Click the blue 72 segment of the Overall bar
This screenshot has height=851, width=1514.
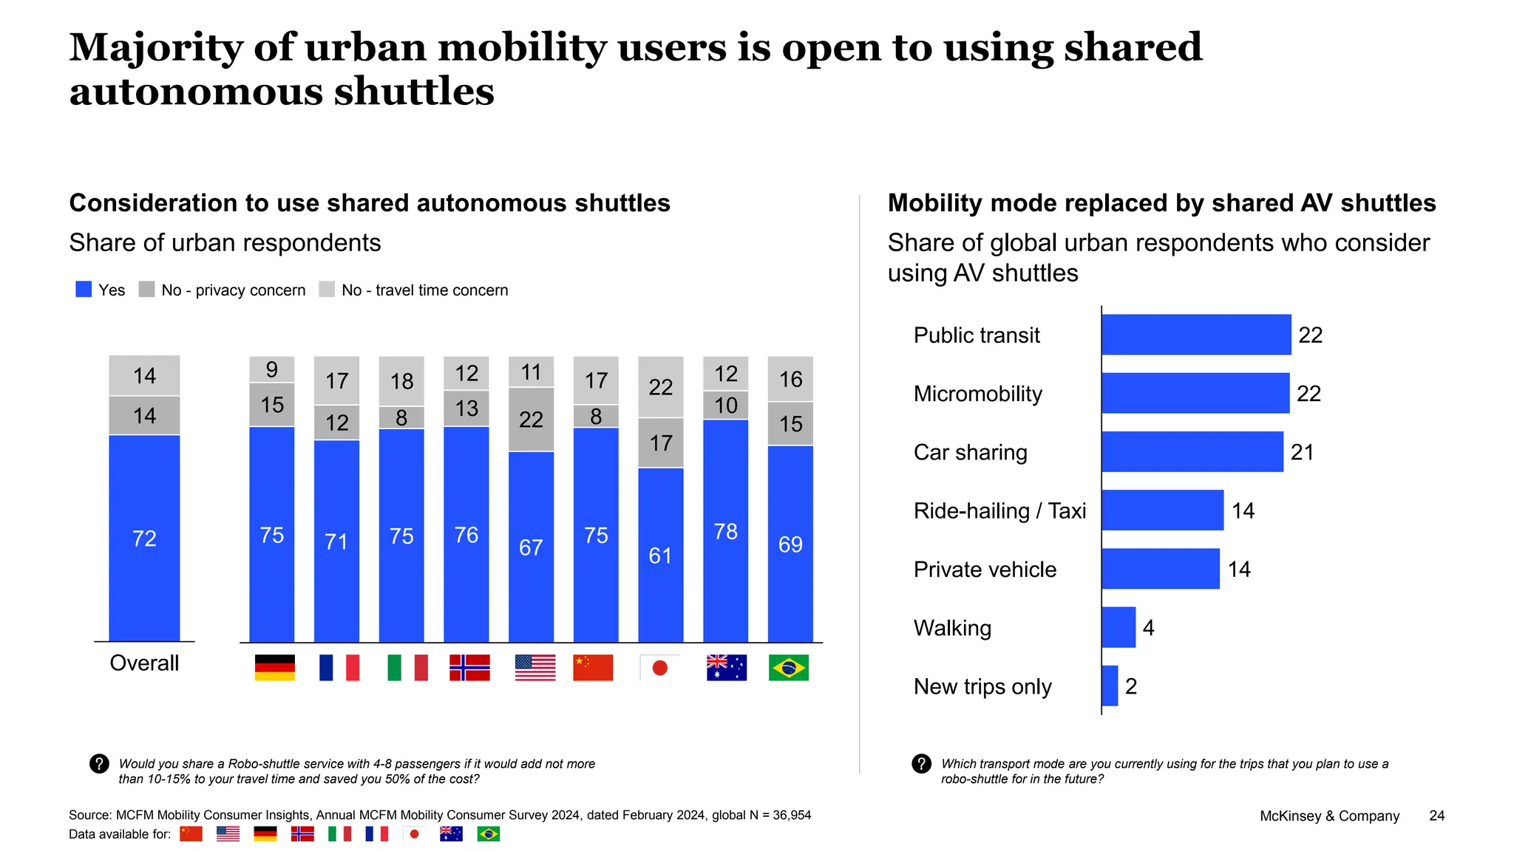coord(144,538)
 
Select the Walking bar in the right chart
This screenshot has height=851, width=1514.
coord(1118,627)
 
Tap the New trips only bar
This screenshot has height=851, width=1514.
coord(1109,686)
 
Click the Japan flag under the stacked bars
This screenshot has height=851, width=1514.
coord(659,668)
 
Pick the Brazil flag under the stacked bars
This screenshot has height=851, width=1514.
coord(788,668)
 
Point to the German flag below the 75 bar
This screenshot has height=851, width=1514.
coord(274,668)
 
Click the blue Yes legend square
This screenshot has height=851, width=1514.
coord(84,290)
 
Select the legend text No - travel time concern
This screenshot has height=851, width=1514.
coord(424,290)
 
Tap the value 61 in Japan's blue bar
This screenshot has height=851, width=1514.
coord(660,556)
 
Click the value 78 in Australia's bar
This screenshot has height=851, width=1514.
coord(725,531)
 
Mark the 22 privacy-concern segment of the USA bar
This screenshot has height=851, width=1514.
coord(531,420)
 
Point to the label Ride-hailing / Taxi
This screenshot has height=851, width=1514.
coord(999,510)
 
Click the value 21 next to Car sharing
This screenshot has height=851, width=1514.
coord(1302,452)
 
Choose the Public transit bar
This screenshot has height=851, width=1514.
coord(1195,335)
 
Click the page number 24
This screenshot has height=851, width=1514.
coord(1436,816)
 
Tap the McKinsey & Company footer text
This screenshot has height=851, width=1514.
coord(1329,816)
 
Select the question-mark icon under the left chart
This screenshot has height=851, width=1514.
coord(99,764)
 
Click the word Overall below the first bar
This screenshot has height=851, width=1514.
coord(144,663)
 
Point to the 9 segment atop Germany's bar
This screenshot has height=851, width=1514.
coord(272,369)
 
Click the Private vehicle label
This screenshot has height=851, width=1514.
coord(985,570)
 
